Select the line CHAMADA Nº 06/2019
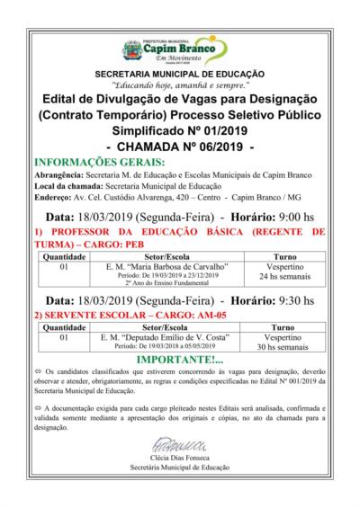[x=180, y=146]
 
